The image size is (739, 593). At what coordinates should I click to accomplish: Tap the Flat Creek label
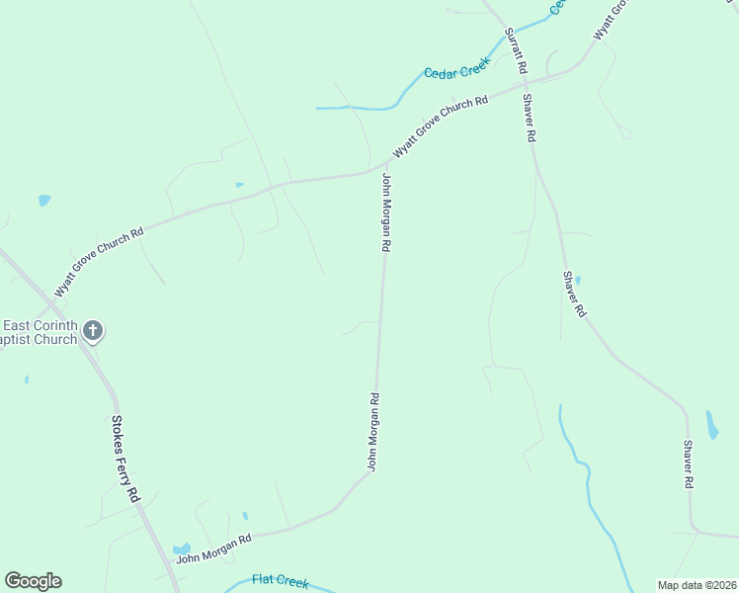click(x=282, y=580)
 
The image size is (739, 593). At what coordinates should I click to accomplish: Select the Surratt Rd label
click(x=515, y=51)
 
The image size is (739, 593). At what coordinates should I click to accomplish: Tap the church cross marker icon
click(x=93, y=331)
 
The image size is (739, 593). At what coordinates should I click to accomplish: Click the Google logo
click(x=33, y=581)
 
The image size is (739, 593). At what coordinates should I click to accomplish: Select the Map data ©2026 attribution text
click(x=698, y=585)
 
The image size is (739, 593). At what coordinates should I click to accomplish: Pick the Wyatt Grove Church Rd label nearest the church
click(x=99, y=262)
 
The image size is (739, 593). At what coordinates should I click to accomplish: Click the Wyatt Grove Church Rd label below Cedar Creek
click(x=441, y=126)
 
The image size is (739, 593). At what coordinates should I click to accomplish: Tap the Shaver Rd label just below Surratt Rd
click(x=530, y=119)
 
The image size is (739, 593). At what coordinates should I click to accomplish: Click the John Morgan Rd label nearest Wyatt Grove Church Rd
click(x=388, y=212)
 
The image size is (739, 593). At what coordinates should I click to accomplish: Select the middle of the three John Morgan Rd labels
click(x=373, y=432)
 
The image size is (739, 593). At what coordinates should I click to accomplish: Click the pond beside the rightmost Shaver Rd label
click(x=712, y=425)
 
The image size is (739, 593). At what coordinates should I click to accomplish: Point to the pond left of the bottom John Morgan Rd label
click(x=182, y=549)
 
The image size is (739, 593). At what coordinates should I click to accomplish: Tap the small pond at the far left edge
click(x=43, y=201)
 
